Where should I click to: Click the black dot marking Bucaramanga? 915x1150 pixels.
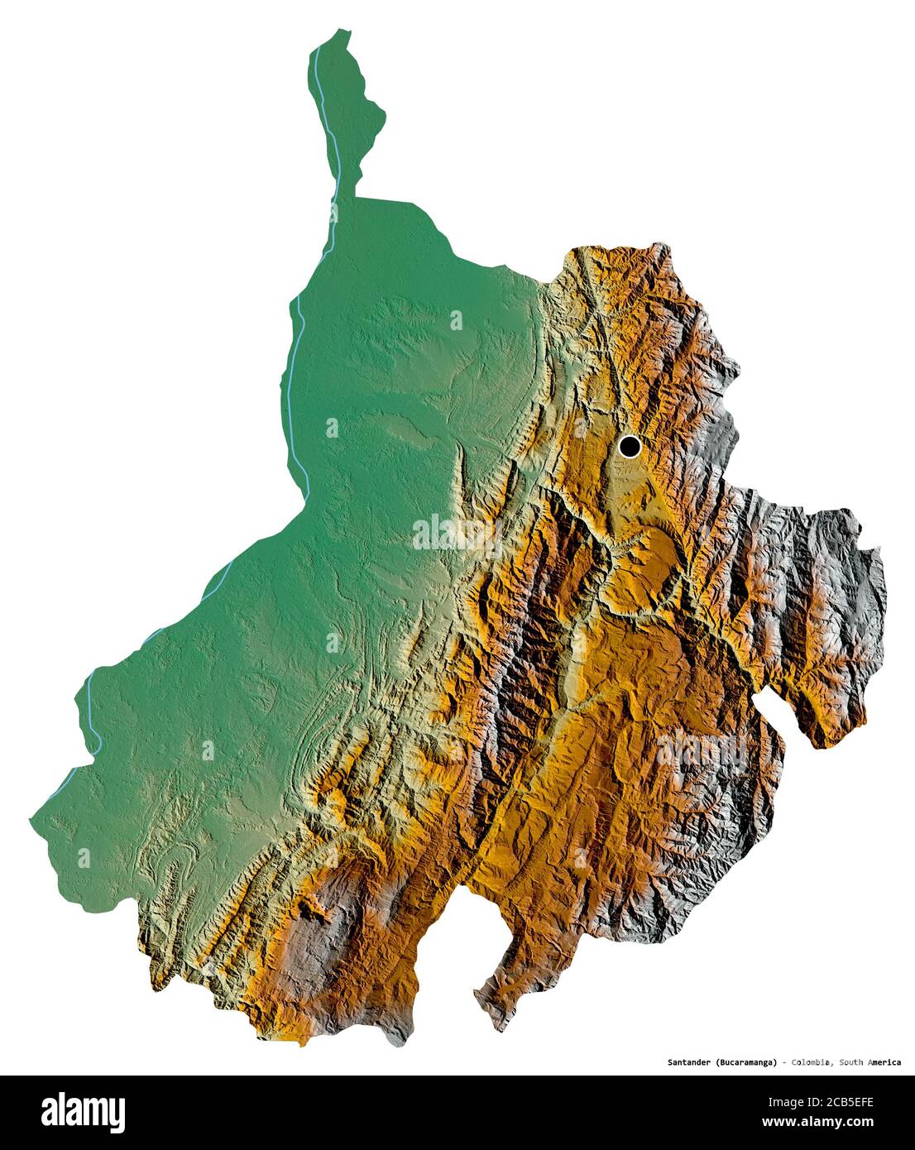click(630, 448)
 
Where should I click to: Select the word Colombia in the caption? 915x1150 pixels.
click(812, 1062)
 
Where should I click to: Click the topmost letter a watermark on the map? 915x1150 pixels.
click(456, 319)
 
